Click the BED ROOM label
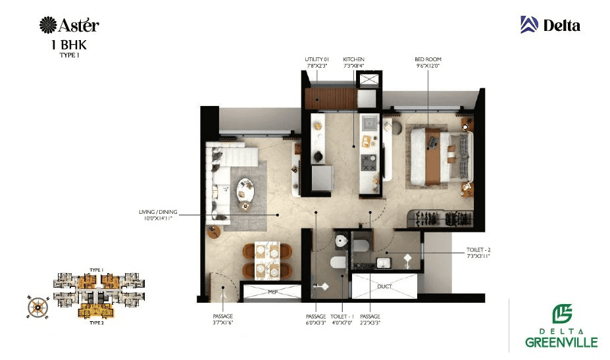pyautogui.click(x=427, y=59)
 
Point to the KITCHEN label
pyautogui.click(x=353, y=59)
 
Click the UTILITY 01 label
pyautogui.click(x=317, y=59)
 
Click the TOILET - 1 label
pyautogui.click(x=343, y=317)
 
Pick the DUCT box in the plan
pyautogui.click(x=384, y=287)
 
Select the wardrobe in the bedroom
pyautogui.click(x=443, y=217)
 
